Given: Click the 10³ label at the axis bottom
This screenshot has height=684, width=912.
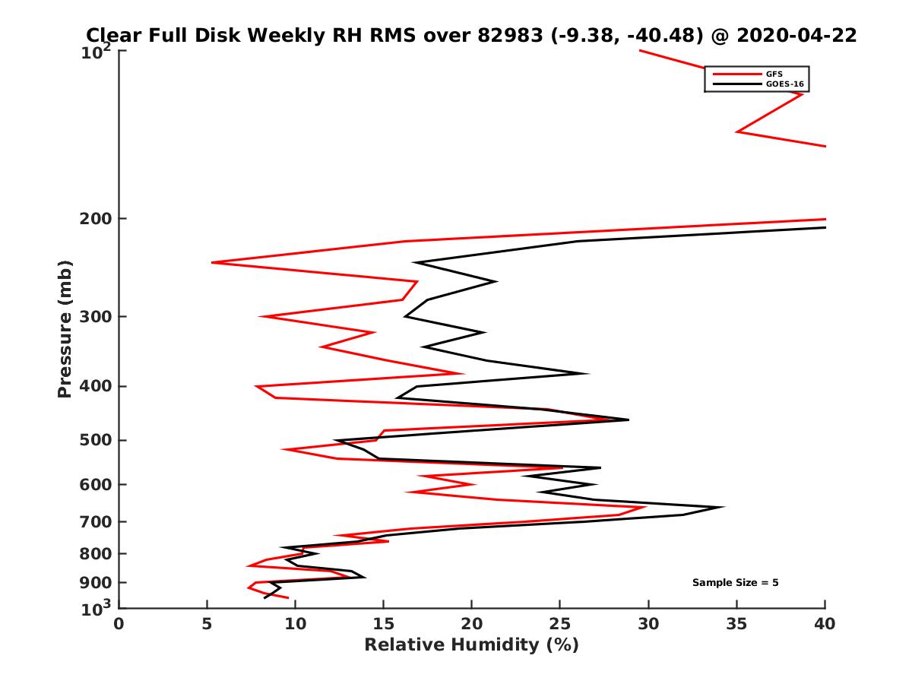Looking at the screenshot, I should (97, 607).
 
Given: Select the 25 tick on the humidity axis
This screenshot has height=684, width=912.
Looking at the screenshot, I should (560, 623).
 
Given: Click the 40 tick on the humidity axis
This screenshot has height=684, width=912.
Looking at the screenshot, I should (825, 623).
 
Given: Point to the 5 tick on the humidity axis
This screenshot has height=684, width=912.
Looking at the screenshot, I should (207, 623).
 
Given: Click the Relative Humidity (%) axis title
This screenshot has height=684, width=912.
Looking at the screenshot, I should (471, 645).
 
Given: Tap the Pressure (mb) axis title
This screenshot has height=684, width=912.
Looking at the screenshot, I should (65, 328).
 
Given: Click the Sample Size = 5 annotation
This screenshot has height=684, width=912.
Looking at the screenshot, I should (735, 583).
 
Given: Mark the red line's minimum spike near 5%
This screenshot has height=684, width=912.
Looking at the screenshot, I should (212, 262).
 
